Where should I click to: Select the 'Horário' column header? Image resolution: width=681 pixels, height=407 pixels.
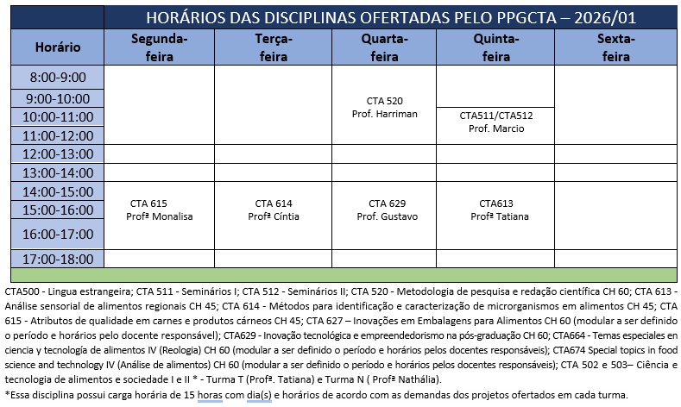(59, 47)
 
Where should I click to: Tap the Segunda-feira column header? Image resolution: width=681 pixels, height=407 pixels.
(159, 48)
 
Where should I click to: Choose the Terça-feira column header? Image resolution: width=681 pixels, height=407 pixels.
(274, 48)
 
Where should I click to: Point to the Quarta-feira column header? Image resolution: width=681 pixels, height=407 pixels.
(385, 48)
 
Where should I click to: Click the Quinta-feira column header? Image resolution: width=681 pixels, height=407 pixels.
(496, 48)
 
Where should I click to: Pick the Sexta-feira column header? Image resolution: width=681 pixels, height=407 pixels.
(615, 48)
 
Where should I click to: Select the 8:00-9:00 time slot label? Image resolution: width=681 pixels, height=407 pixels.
(59, 78)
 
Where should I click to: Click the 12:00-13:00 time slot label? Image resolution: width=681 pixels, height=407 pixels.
(59, 153)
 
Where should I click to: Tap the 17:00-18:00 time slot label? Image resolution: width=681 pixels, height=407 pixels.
(59, 258)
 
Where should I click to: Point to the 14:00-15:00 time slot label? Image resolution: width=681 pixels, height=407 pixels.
(59, 191)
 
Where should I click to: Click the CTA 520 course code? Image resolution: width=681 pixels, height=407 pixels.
(385, 101)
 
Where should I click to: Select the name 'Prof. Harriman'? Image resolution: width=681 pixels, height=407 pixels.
(385, 114)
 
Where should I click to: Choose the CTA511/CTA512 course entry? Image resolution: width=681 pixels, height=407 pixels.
(496, 116)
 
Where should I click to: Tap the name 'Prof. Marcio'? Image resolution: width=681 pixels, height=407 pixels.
(496, 128)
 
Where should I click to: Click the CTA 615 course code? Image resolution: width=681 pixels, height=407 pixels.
(148, 203)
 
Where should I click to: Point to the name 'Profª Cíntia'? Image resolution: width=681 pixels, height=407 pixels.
(274, 216)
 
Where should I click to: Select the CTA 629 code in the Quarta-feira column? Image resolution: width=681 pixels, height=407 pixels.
(385, 203)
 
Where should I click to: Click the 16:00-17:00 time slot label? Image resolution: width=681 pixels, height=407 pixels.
(59, 234)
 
